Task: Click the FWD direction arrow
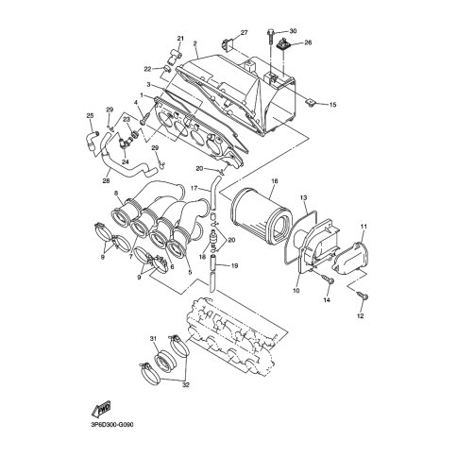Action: [101, 409]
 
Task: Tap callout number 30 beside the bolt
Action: [293, 31]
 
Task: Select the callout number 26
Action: [308, 42]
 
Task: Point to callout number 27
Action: [245, 32]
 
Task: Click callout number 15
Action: [332, 105]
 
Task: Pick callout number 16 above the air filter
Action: [275, 181]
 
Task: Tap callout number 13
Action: [303, 197]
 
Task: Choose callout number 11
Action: [364, 227]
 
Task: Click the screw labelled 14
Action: [328, 279]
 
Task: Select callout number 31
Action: [153, 339]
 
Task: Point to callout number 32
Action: [186, 384]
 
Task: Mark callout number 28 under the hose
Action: [106, 180]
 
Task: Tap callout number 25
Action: [90, 116]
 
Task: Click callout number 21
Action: [180, 39]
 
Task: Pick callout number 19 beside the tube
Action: [234, 266]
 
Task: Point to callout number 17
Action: [195, 188]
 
